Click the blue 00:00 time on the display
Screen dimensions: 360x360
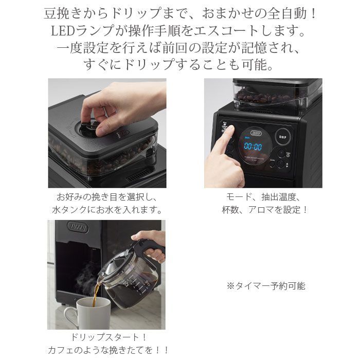click(252, 147)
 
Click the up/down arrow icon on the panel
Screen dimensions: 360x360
click(280, 165)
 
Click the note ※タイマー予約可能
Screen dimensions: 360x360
click(265, 286)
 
